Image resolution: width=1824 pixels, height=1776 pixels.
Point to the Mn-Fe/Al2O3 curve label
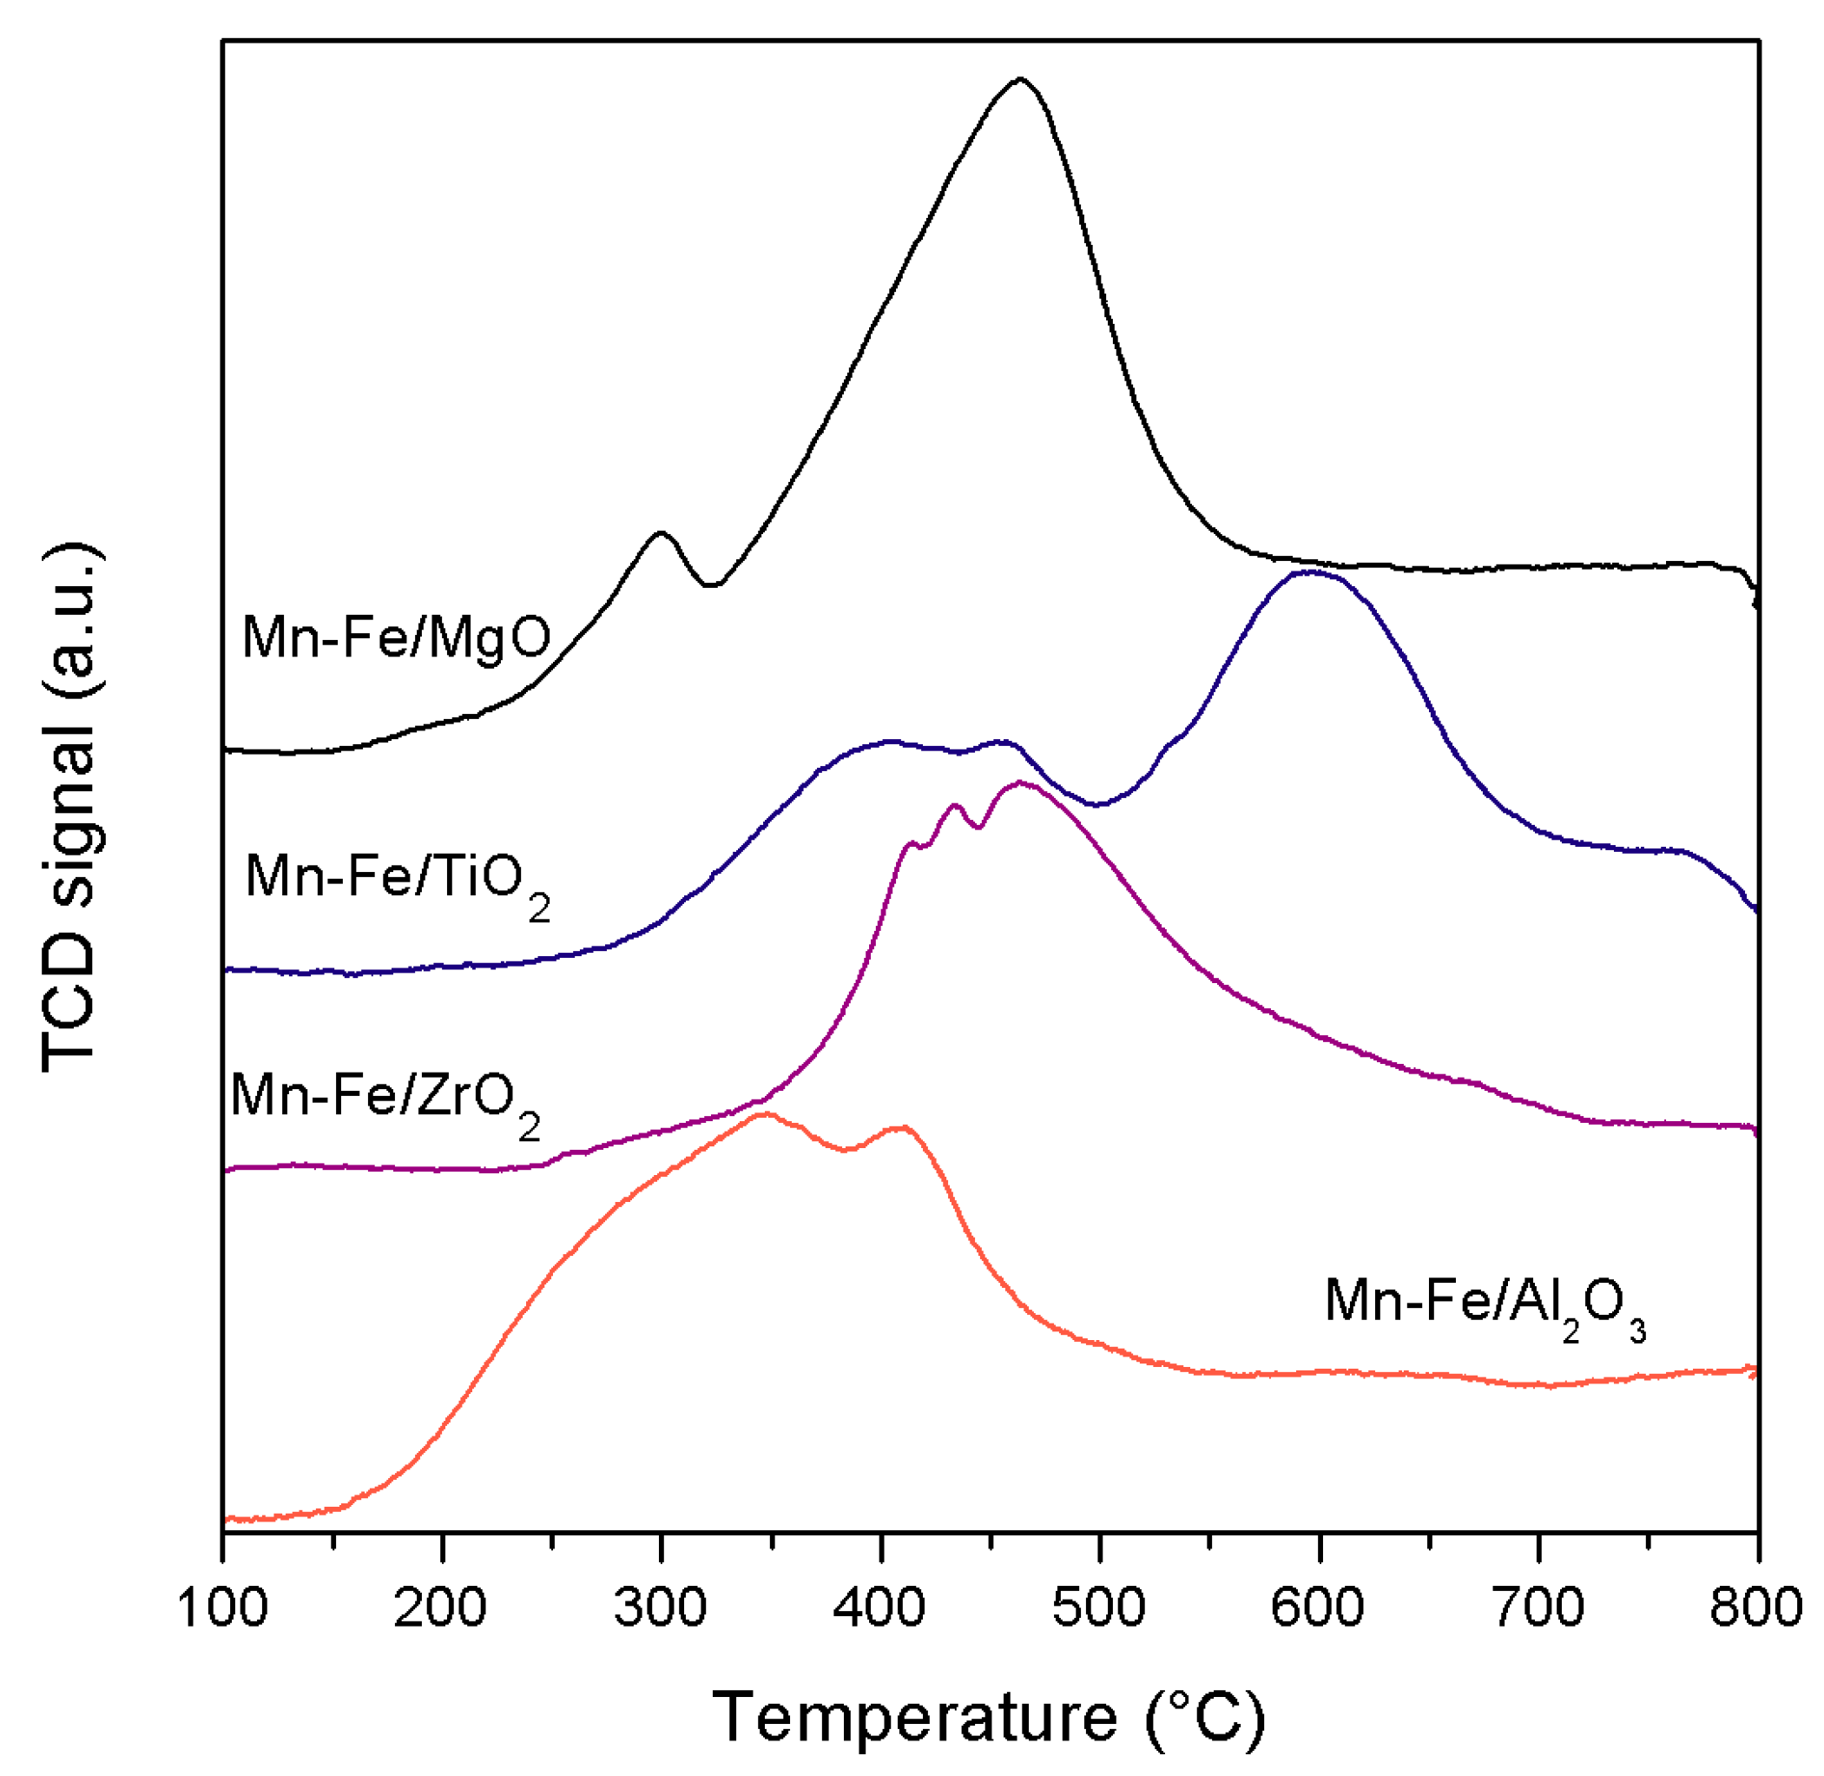[x=1484, y=1303]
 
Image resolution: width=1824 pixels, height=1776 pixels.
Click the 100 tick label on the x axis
[x=222, y=1608]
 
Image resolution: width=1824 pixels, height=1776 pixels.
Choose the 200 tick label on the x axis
[x=441, y=1608]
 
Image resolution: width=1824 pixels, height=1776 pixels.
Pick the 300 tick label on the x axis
[x=660, y=1608]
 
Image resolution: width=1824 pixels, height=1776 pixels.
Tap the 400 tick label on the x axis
[x=880, y=1608]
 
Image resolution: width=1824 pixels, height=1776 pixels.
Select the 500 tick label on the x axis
[x=1099, y=1608]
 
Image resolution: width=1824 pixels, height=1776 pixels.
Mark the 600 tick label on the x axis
[x=1319, y=1608]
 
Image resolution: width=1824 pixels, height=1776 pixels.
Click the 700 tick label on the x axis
[x=1538, y=1608]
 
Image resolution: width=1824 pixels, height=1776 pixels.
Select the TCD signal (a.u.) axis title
[x=71, y=808]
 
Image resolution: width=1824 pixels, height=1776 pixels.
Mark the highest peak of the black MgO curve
[x=1019, y=79]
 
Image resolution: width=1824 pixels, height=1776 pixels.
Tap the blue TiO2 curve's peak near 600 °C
[x=1310, y=571]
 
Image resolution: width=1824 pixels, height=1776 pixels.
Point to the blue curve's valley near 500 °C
[x=1098, y=804]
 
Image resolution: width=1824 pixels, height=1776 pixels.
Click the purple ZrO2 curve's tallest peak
[x=1021, y=782]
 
